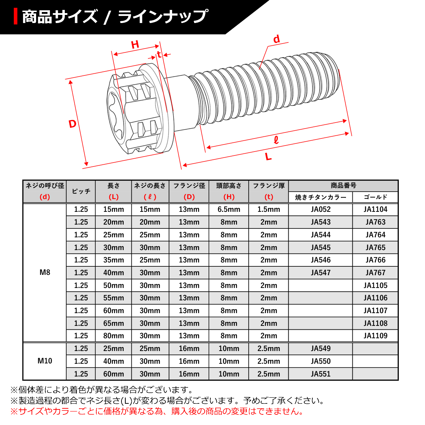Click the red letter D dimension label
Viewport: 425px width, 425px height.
(72, 124)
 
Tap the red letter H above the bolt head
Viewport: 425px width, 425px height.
(135, 45)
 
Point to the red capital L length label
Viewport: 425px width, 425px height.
(268, 156)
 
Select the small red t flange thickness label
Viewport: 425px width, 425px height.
(159, 54)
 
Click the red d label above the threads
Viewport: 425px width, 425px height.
(276, 39)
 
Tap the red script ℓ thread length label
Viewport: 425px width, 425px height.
(276, 140)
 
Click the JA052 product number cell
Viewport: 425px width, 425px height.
(321, 209)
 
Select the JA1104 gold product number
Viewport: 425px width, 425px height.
(375, 209)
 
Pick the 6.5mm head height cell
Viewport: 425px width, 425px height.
(229, 209)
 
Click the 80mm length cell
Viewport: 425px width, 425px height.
(114, 336)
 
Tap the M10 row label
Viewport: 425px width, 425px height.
(45, 361)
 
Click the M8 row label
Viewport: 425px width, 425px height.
(45, 272)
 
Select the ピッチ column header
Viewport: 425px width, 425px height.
(81, 191)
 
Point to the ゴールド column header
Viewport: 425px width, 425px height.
(375, 197)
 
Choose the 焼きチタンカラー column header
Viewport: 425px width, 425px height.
(321, 197)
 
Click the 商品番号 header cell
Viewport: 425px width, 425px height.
(343, 186)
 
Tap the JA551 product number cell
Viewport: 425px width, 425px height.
(321, 374)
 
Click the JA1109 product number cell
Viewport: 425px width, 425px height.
(375, 336)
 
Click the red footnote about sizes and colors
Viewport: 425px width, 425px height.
(157, 412)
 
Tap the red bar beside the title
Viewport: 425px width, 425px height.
(16, 16)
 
